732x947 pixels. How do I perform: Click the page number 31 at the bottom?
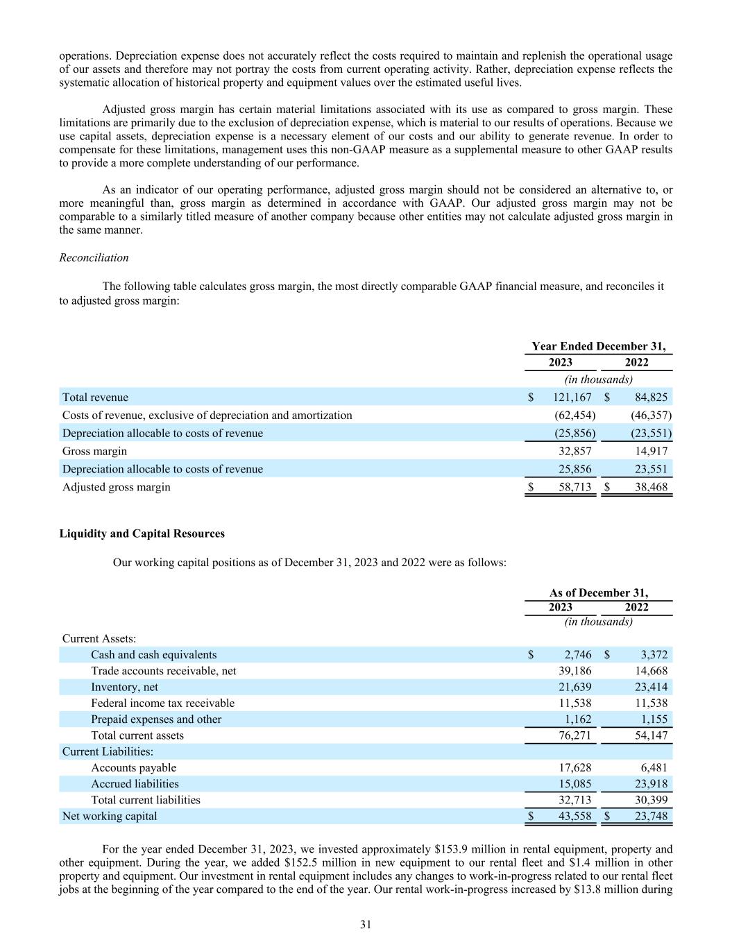pos(366,924)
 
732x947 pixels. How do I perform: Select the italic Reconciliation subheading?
pos(94,257)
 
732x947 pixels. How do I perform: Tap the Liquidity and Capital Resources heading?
pos(142,534)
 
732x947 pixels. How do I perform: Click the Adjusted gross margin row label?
pos(116,487)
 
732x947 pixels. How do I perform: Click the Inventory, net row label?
pos(124,687)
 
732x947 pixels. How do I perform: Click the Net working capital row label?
pos(110,816)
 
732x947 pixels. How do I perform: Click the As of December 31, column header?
pos(599,592)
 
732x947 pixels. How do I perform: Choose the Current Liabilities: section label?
pos(108,751)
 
